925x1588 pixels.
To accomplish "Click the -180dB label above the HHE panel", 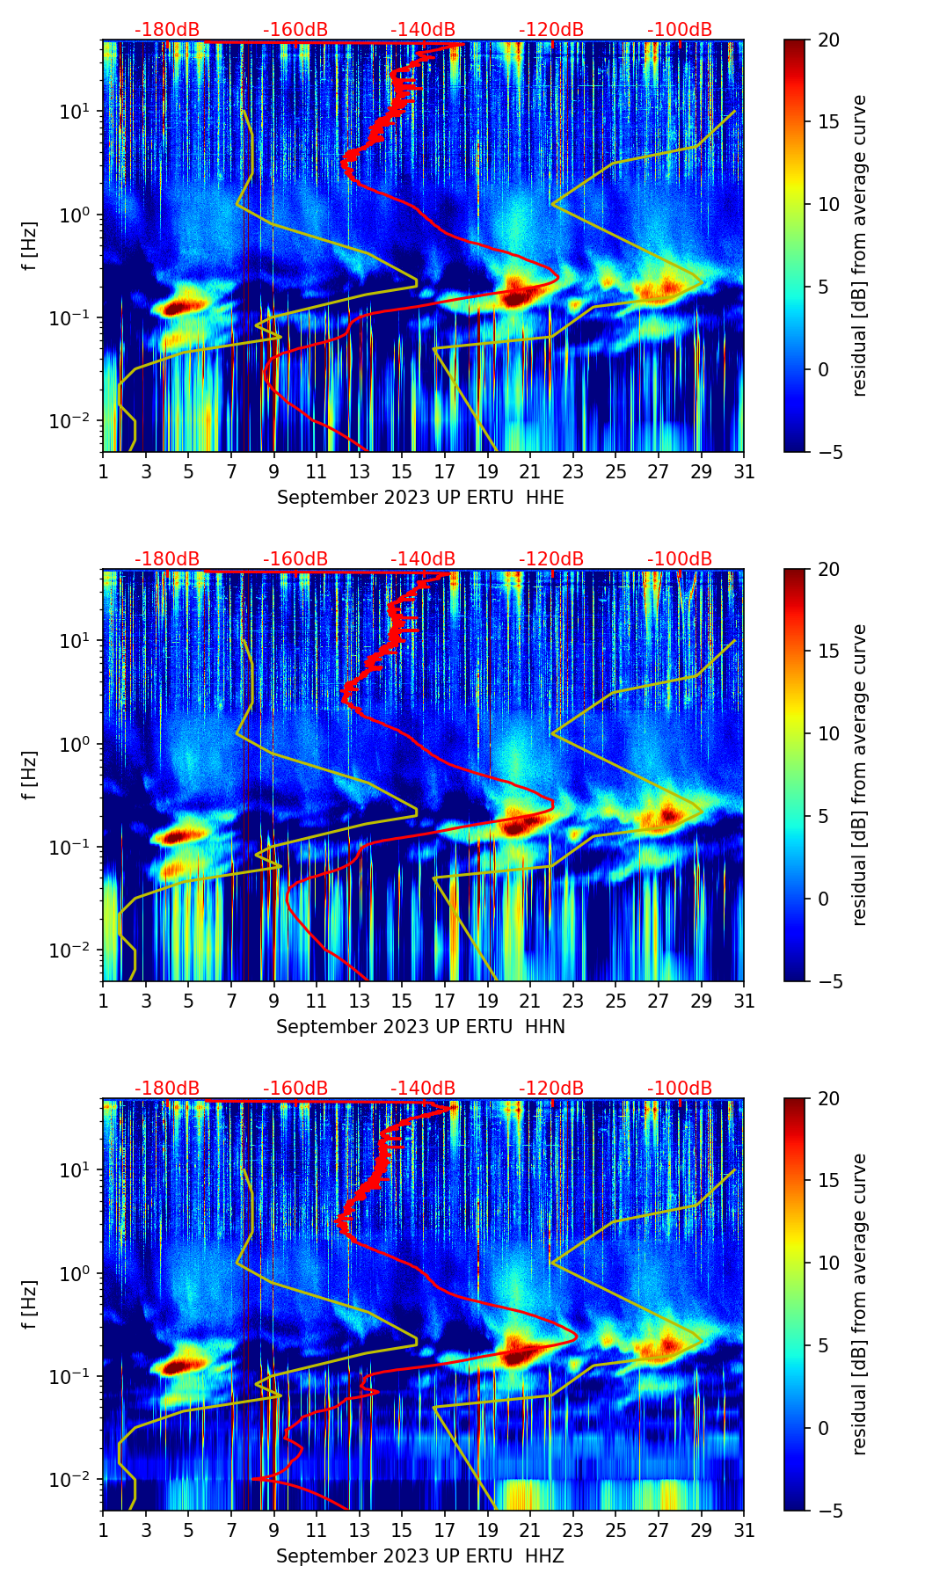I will click(167, 30).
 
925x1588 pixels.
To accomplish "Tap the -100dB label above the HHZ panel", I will click(680, 1089).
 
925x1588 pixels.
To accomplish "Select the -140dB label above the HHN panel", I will click(423, 559).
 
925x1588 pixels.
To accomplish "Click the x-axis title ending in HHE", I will click(420, 498).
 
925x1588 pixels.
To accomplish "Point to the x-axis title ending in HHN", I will click(420, 1027).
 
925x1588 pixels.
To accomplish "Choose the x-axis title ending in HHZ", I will click(420, 1556).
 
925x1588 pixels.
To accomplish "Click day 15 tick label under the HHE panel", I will click(402, 472).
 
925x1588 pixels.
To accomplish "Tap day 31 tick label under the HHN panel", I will click(743, 1002).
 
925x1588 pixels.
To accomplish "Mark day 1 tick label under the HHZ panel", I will click(104, 1531).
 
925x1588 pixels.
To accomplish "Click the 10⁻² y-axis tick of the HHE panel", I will click(76, 421).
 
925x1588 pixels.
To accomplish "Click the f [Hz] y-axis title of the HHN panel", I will click(30, 775).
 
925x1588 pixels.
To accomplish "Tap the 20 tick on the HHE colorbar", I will click(827, 40).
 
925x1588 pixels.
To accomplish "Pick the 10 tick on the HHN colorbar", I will click(827, 733).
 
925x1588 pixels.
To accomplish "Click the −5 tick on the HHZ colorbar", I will click(827, 1511).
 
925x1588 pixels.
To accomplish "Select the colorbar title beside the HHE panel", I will click(859, 245).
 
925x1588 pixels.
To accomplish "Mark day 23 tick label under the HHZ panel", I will click(572, 1531).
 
